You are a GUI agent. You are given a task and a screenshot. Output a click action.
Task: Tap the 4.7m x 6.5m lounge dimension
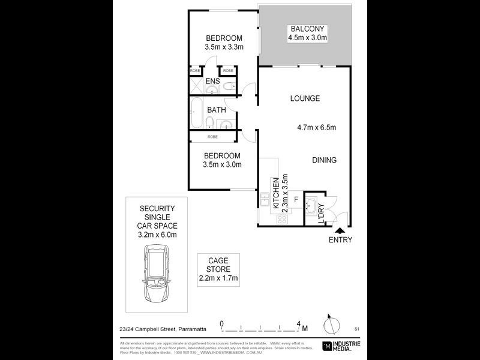point(316,127)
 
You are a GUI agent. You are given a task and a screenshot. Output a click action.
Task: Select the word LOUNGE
point(305,98)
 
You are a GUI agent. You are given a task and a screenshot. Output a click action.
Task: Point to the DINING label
point(324,160)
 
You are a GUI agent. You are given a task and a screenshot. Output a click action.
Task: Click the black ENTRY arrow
point(340,230)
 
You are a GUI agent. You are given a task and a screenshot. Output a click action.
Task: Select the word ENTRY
point(340,240)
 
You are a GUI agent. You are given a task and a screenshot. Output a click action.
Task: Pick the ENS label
point(212,82)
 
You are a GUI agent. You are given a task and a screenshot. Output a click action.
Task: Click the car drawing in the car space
point(155,276)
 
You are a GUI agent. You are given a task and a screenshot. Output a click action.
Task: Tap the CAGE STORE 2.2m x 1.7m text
point(219,269)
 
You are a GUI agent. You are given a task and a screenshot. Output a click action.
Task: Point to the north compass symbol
point(328,325)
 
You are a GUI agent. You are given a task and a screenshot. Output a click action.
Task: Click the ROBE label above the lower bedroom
point(212,137)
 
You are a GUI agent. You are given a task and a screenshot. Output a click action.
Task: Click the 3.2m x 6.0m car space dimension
point(155,235)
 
